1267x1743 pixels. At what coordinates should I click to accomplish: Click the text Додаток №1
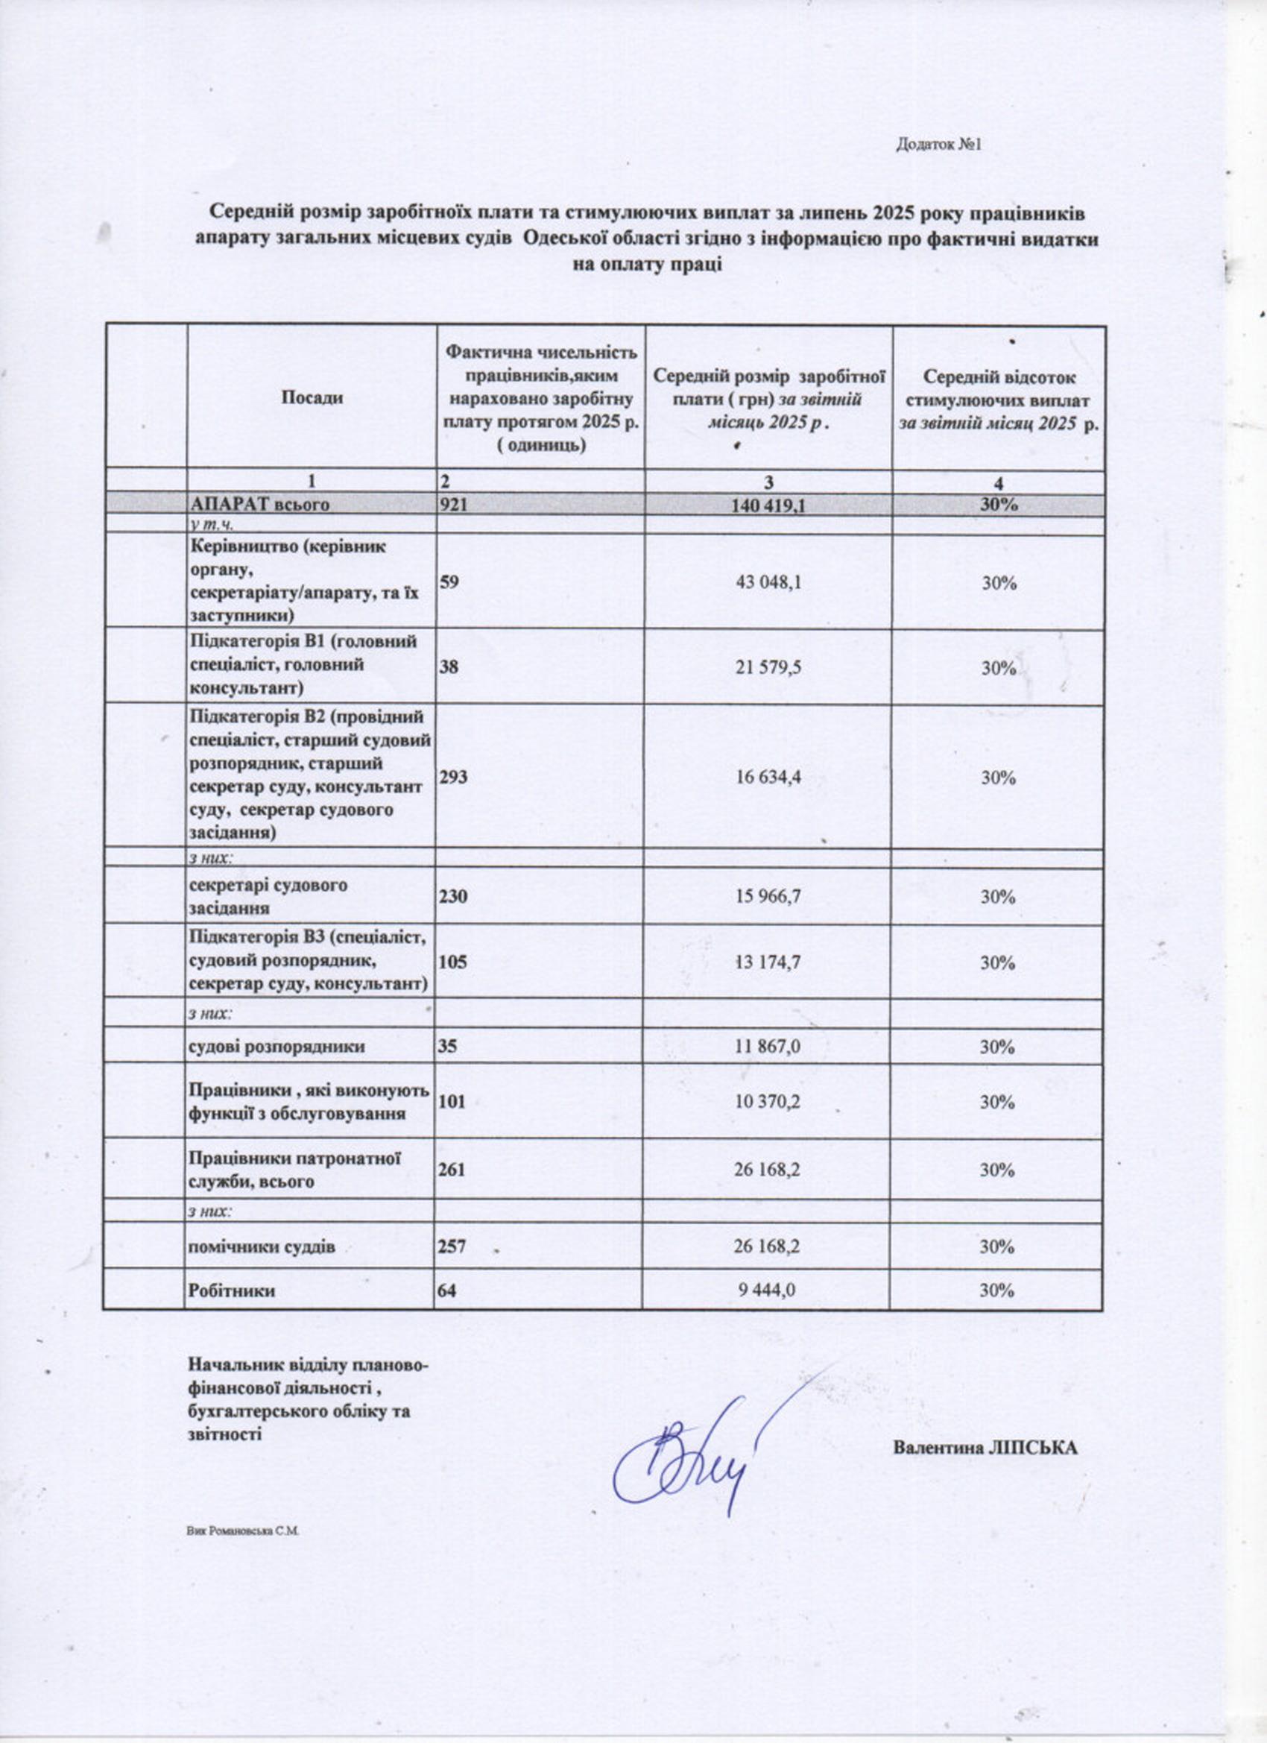(939, 145)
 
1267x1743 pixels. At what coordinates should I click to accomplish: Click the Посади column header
(312, 397)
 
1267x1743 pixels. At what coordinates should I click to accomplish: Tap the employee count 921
(453, 505)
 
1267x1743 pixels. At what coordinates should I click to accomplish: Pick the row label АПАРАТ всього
(260, 505)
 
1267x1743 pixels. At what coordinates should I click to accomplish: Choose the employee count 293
(453, 778)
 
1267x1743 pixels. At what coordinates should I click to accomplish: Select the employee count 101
(452, 1102)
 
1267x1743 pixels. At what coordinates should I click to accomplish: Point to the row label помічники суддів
(262, 1246)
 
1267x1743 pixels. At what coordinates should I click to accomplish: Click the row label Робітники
(232, 1292)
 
